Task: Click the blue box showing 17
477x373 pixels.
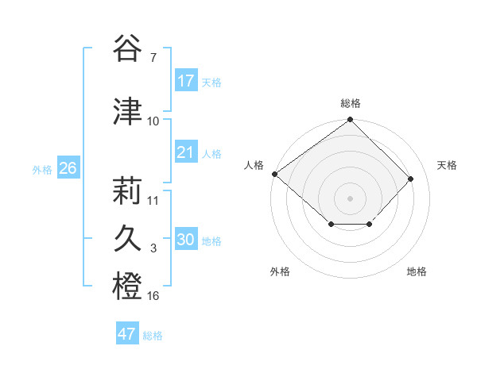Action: tap(186, 81)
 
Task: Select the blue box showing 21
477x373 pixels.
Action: tap(186, 152)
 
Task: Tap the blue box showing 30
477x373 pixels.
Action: tap(186, 240)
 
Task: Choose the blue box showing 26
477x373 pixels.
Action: tap(68, 168)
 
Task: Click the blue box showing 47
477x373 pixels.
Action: tap(127, 334)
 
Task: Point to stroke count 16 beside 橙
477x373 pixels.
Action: tap(153, 296)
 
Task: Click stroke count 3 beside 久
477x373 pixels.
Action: tap(153, 248)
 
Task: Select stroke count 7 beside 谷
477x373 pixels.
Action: tap(153, 58)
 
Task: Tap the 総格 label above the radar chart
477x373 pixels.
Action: tap(350, 103)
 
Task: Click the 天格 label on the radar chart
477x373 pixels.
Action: tap(448, 165)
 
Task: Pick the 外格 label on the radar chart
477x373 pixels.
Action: tap(280, 271)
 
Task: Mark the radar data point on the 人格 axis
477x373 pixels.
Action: tap(274, 174)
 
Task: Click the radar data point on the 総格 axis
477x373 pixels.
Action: tap(350, 120)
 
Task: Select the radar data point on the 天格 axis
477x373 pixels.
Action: tap(411, 179)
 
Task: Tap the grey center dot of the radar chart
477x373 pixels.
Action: tap(350, 198)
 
